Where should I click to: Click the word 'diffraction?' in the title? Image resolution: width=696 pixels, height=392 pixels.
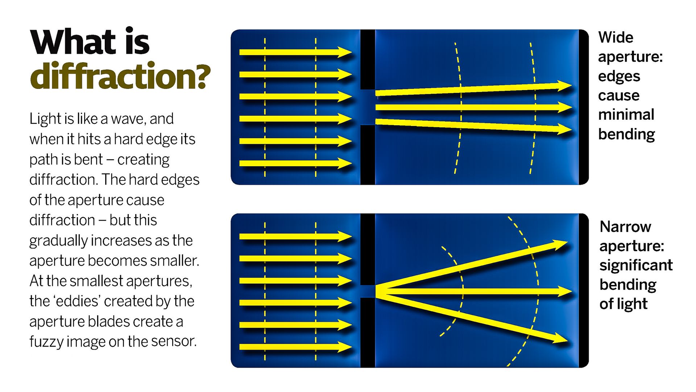(x=120, y=76)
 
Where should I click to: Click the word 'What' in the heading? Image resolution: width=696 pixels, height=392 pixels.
(x=73, y=42)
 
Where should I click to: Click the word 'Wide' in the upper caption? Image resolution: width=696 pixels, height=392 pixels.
(x=616, y=37)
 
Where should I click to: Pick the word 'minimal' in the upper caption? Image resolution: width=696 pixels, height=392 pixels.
(x=626, y=115)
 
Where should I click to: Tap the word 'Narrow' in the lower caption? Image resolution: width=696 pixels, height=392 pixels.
(x=625, y=227)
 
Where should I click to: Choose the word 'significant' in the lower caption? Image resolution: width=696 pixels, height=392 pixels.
(x=636, y=265)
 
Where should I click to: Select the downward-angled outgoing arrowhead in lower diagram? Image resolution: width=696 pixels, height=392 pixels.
(x=560, y=340)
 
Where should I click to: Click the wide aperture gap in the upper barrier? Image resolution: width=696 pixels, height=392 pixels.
(x=368, y=107)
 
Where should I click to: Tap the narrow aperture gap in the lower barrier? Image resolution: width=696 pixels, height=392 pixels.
(x=368, y=291)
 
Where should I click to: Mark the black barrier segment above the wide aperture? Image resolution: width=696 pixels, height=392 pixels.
(x=368, y=60)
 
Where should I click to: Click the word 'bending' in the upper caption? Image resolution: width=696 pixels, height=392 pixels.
(x=626, y=134)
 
